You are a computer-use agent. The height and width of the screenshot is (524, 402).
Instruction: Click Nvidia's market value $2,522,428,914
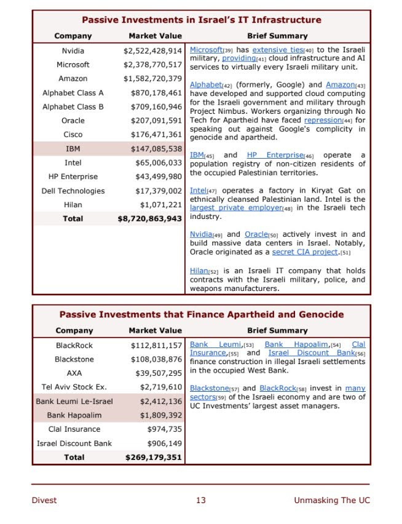tap(152, 50)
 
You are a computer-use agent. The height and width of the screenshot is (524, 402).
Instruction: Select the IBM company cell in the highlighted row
tap(73, 149)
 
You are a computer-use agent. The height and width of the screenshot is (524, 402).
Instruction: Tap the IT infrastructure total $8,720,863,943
tap(150, 218)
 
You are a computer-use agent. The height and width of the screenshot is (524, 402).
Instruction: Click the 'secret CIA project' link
tap(305, 252)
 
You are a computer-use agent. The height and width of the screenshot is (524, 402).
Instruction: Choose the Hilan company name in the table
tap(73, 205)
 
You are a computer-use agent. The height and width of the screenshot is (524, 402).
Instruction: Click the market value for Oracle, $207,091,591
tap(156, 121)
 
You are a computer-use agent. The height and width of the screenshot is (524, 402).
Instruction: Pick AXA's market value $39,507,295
tap(159, 373)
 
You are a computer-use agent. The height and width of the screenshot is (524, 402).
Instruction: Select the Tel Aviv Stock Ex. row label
tap(73, 387)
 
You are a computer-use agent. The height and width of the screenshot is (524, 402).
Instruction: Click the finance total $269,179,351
tap(154, 457)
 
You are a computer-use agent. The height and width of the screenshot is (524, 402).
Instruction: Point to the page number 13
tap(201, 500)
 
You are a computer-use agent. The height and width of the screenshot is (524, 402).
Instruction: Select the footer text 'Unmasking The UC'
tap(332, 500)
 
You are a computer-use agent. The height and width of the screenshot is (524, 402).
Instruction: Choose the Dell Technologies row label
tap(73, 191)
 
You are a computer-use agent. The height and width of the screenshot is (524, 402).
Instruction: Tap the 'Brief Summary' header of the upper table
tap(277, 36)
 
